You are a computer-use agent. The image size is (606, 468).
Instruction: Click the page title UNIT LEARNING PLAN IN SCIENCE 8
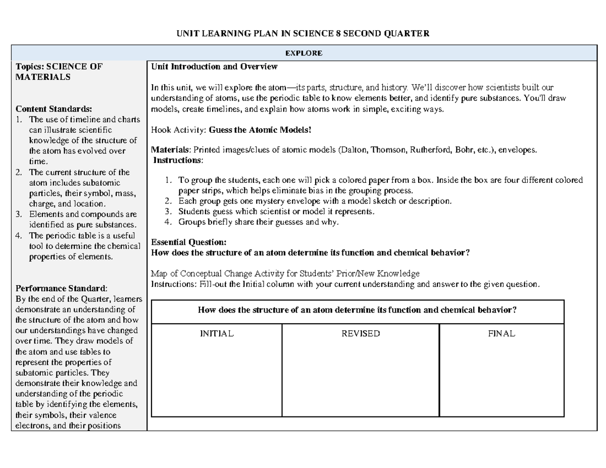point(302,34)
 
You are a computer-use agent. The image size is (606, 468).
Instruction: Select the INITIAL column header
point(217,334)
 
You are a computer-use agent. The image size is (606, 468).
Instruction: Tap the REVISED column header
point(361,334)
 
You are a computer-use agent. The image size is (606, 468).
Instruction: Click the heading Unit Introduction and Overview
point(215,67)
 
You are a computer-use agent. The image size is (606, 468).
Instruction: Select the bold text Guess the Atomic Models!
point(261,130)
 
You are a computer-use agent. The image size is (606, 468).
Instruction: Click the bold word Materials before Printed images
point(169,150)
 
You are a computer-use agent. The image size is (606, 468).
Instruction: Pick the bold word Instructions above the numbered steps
point(177,160)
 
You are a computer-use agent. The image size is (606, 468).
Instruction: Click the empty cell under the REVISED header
point(361,379)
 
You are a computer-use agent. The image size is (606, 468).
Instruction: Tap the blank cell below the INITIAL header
point(217,379)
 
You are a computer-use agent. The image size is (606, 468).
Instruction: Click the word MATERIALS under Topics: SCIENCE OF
point(43,77)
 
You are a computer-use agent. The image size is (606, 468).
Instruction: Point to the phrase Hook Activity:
point(179,130)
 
